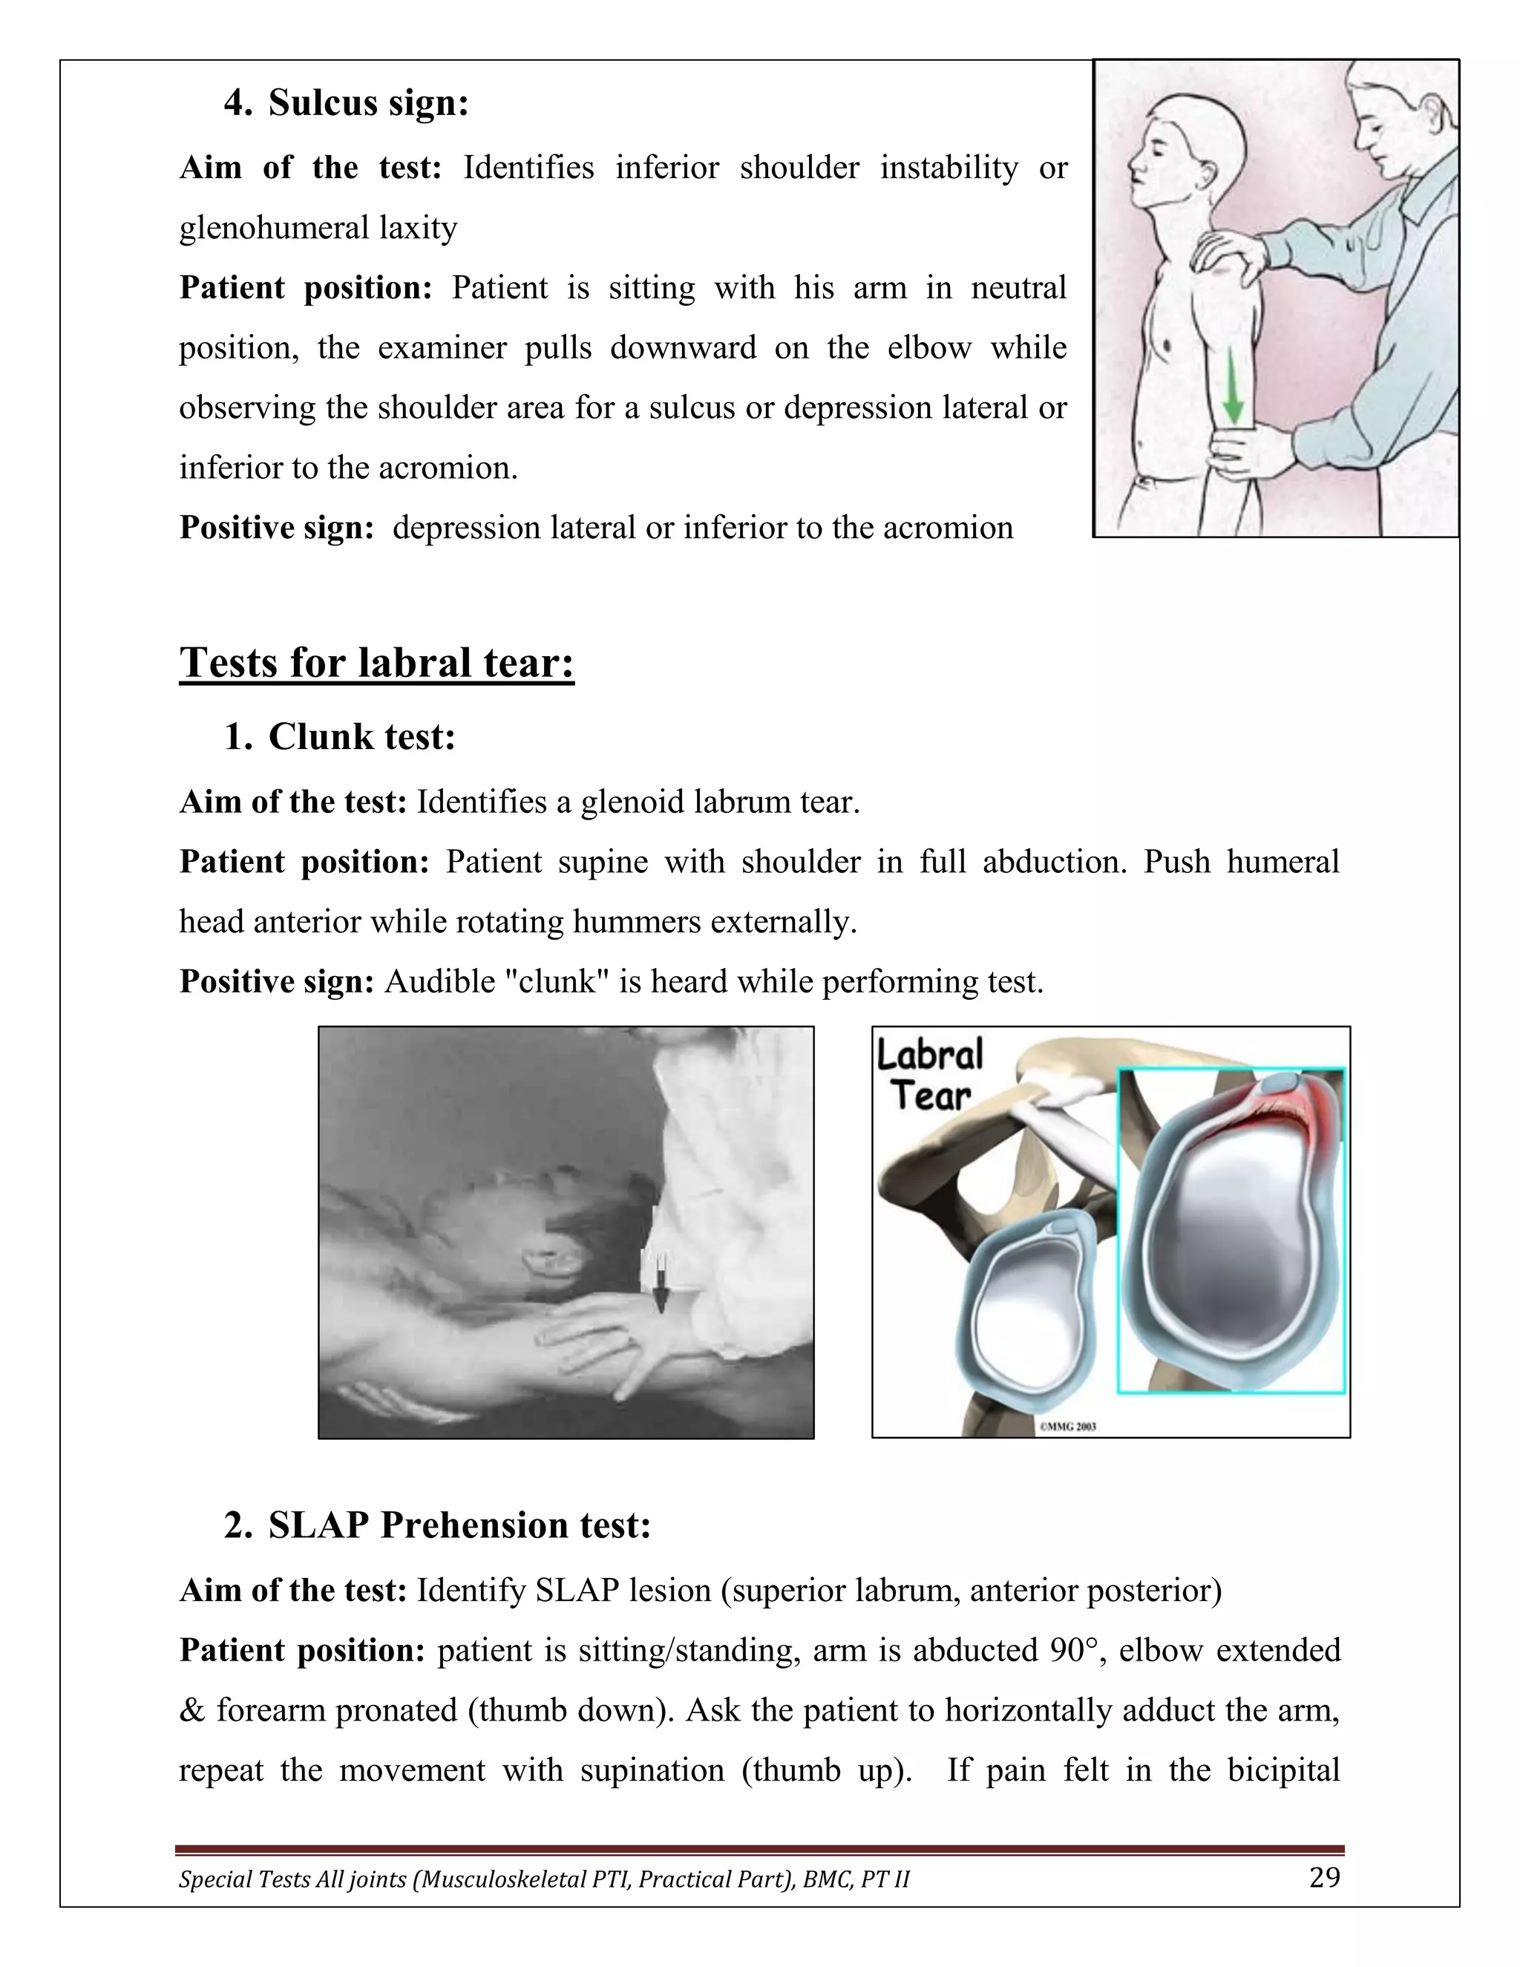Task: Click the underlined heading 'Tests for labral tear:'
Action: [x=376, y=663]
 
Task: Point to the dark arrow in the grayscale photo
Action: [x=661, y=1283]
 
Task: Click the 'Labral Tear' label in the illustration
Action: [x=930, y=1076]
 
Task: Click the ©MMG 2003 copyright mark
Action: [x=1068, y=1427]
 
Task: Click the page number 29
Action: [x=1324, y=1878]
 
